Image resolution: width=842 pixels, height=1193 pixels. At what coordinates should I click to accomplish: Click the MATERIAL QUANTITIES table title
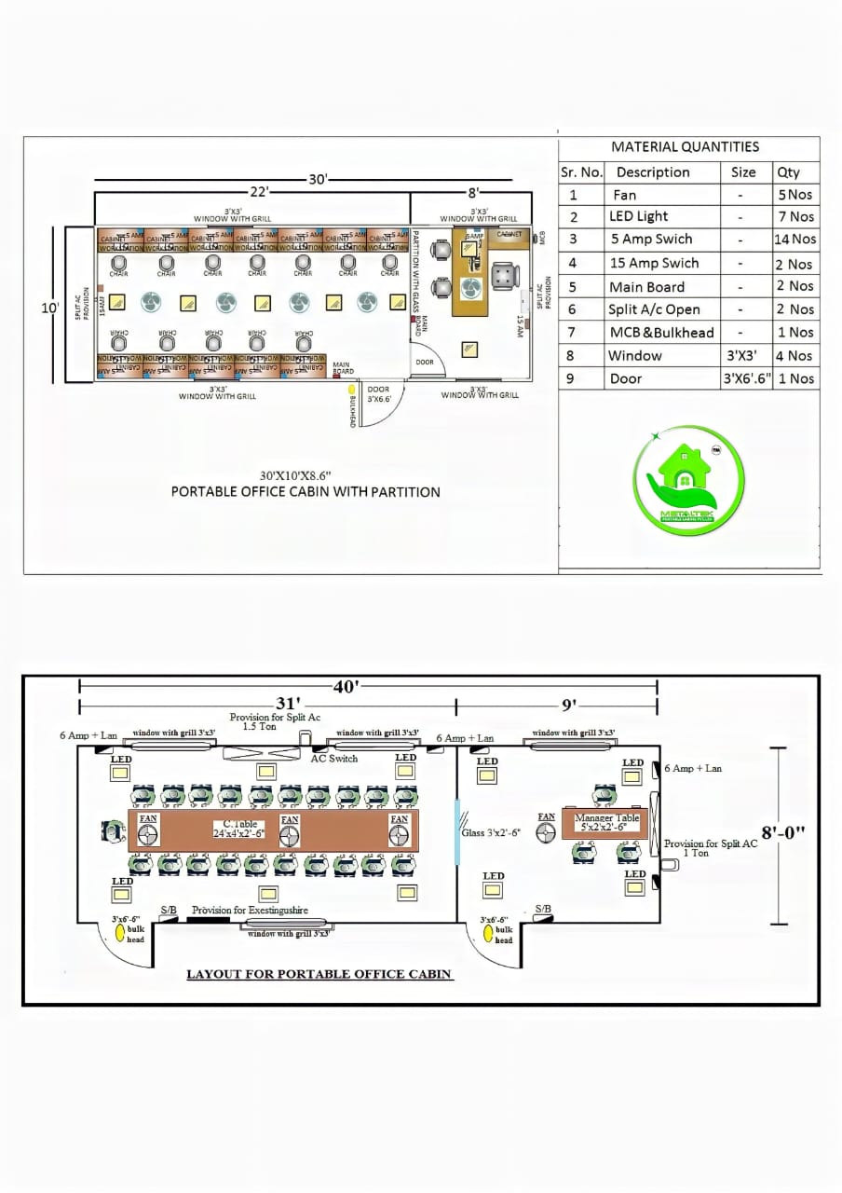(685, 146)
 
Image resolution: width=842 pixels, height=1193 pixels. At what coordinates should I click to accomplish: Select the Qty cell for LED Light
(794, 216)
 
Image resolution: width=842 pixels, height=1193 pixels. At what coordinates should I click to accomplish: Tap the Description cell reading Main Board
(646, 287)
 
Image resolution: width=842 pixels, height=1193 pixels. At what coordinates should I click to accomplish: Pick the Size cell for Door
(747, 378)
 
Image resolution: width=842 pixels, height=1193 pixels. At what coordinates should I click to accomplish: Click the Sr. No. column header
(581, 172)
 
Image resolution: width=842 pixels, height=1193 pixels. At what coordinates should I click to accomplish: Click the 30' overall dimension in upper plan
(318, 180)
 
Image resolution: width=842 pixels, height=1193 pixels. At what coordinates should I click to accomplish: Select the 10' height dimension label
(50, 307)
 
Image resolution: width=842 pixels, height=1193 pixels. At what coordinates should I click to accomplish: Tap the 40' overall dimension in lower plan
(345, 687)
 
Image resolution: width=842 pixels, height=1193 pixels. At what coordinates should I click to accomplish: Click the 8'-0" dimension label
(783, 832)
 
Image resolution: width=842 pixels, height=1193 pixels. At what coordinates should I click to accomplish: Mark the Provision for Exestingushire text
(250, 910)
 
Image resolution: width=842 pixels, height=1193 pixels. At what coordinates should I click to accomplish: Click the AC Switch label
(333, 759)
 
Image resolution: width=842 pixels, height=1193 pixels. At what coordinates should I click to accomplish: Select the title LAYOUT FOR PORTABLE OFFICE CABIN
(319, 974)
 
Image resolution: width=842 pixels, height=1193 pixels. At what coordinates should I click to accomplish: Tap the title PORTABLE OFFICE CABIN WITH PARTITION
(306, 491)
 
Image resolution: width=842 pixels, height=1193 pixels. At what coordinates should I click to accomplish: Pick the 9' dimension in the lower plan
(568, 705)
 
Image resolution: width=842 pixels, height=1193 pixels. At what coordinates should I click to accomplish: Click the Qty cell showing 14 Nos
(794, 240)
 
